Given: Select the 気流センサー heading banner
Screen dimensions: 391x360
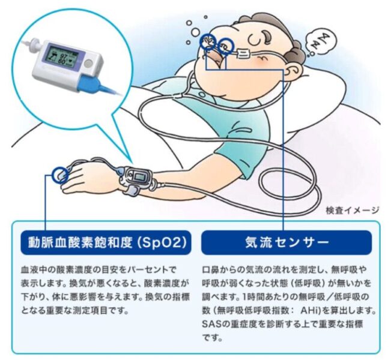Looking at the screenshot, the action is click(286, 242).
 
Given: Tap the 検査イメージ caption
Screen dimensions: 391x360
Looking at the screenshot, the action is click(353, 211).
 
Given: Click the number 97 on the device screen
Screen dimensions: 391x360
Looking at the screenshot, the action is click(63, 55).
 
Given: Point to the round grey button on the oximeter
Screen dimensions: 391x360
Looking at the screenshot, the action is click(88, 64).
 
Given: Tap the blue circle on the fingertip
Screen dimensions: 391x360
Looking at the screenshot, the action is click(60, 175).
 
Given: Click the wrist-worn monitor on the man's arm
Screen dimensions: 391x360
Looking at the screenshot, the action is click(138, 178).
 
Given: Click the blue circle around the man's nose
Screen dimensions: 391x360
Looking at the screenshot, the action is click(226, 46).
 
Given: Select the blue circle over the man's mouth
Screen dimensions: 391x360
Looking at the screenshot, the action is click(208, 41).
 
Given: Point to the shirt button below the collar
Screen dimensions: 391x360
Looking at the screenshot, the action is click(201, 94).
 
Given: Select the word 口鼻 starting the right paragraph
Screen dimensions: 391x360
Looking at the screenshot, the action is click(210, 269).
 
